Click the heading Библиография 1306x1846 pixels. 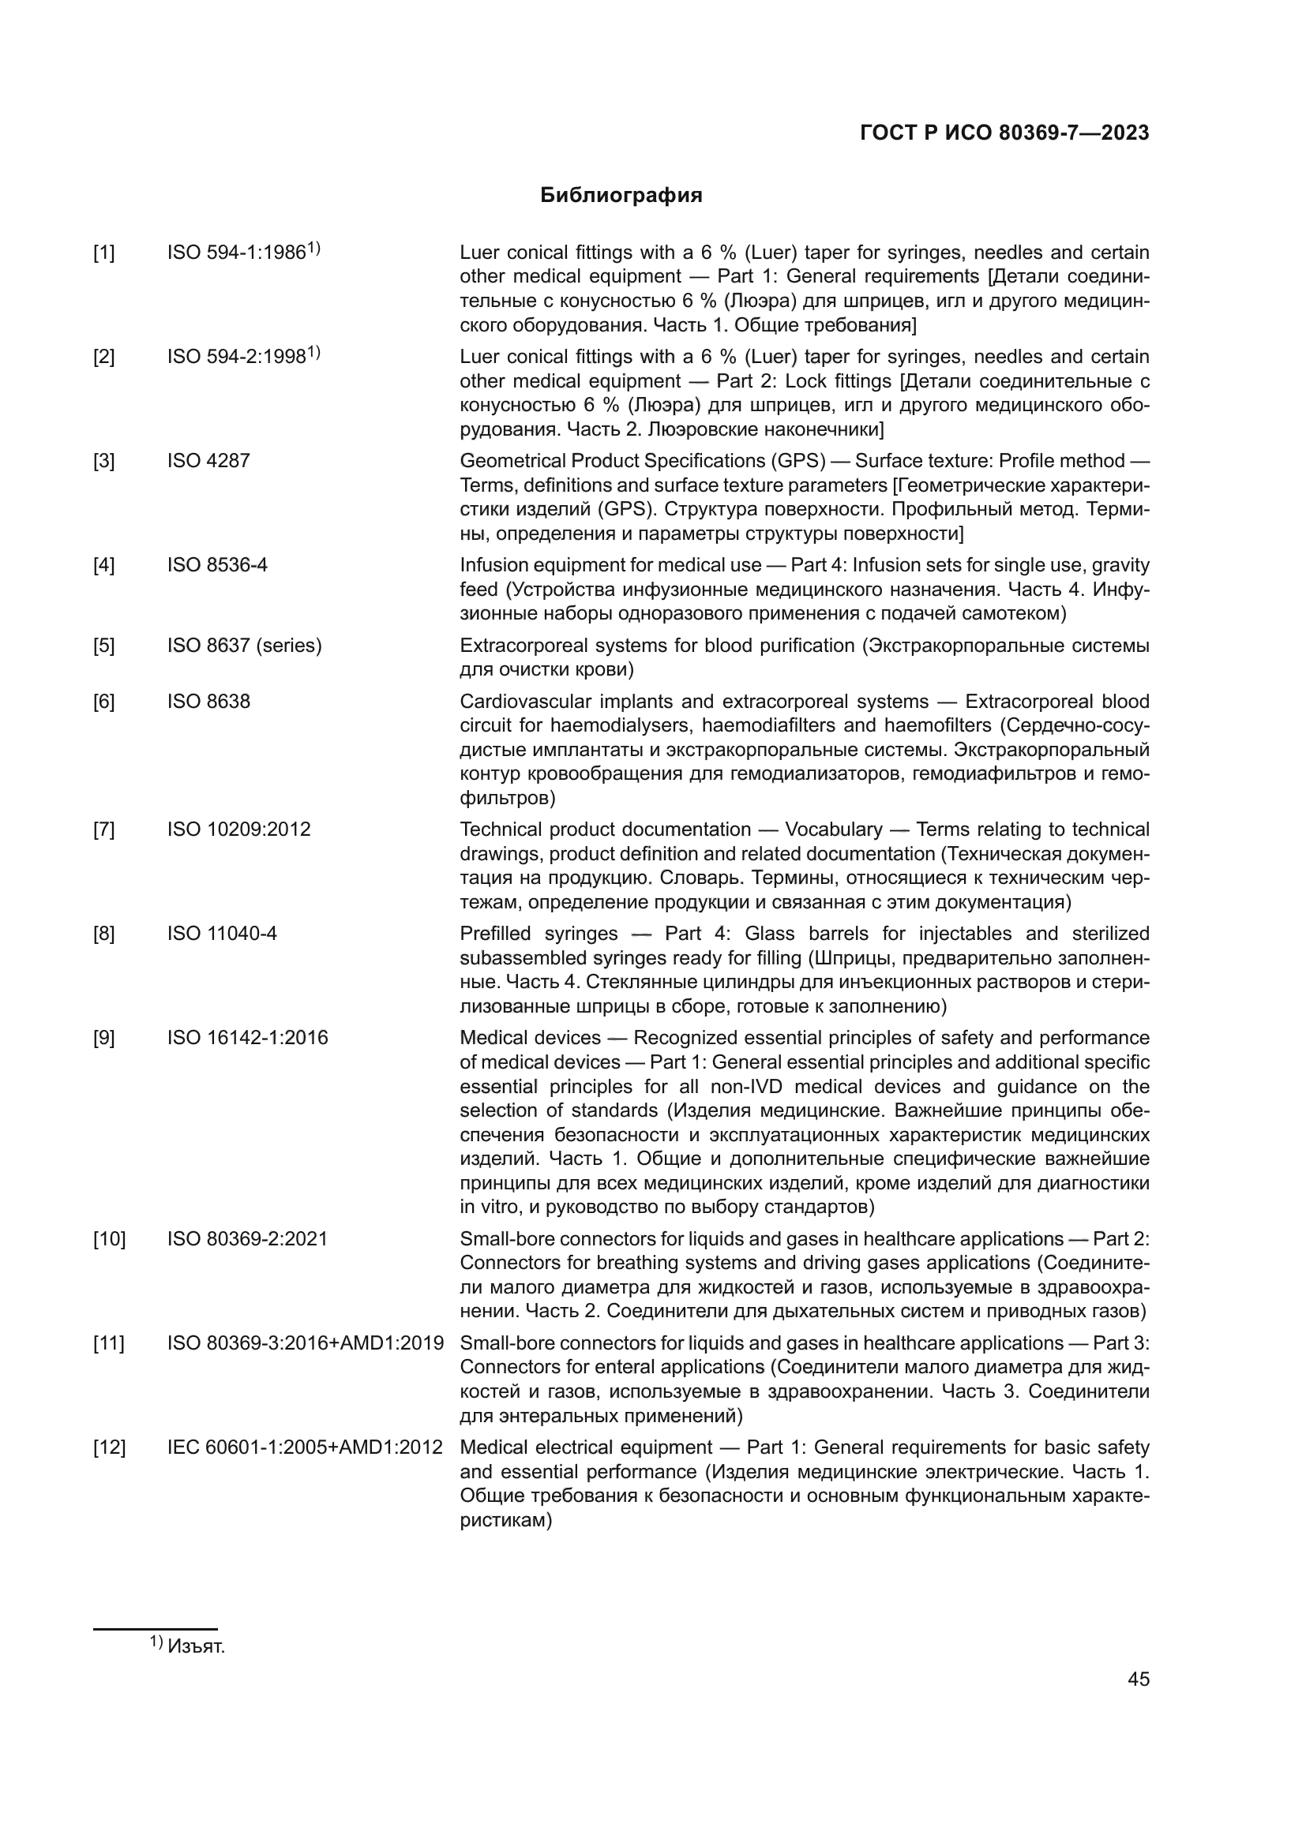click(x=621, y=196)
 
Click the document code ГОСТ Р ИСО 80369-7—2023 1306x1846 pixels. click(x=1004, y=133)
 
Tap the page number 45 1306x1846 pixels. click(x=1138, y=1679)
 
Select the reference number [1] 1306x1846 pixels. click(x=103, y=253)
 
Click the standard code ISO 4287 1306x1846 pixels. click(x=208, y=461)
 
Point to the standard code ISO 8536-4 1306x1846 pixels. click(x=217, y=565)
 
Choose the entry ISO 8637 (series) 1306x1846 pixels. click(x=245, y=646)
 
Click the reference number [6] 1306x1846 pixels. click(x=103, y=702)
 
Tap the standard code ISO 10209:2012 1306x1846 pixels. click(x=238, y=829)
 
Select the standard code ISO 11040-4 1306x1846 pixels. click(x=222, y=934)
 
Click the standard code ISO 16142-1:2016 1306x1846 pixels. click(x=248, y=1038)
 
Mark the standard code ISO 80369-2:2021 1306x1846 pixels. click(x=248, y=1239)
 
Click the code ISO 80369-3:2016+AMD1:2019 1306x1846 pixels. click(x=306, y=1342)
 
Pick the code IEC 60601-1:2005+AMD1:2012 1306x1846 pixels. click(x=305, y=1447)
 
